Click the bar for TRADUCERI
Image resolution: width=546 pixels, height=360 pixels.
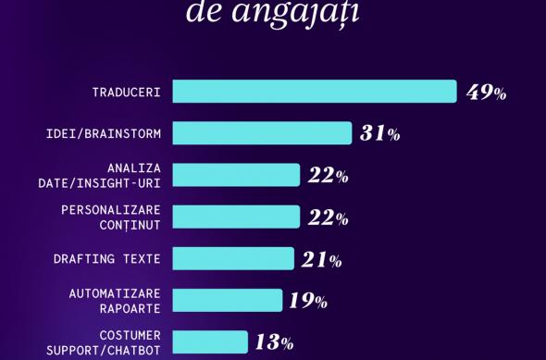click(x=315, y=92)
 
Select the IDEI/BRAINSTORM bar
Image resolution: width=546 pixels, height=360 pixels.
click(x=262, y=133)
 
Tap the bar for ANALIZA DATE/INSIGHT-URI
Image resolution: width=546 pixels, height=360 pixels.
click(x=236, y=175)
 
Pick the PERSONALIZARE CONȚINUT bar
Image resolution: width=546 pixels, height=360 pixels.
click(x=236, y=217)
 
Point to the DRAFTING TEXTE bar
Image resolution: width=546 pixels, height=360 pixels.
click(x=233, y=259)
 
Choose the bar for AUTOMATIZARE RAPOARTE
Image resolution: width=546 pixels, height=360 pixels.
click(x=228, y=301)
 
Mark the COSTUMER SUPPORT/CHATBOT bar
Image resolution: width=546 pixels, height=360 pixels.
click(x=210, y=341)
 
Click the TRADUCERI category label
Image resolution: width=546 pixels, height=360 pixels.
click(x=126, y=93)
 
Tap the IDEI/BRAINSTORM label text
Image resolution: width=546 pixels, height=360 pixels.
click(x=104, y=134)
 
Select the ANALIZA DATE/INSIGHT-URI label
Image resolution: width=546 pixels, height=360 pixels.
click(x=100, y=176)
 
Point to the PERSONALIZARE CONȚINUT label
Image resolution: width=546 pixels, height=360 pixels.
click(x=111, y=217)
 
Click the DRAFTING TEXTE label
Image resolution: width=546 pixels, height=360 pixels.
click(x=107, y=259)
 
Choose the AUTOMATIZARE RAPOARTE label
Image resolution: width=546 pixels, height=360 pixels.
click(x=115, y=301)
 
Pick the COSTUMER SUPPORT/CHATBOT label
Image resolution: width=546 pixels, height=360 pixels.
click(x=104, y=342)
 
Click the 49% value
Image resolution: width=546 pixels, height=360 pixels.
click(x=486, y=93)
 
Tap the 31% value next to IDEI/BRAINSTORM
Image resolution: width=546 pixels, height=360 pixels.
click(x=380, y=134)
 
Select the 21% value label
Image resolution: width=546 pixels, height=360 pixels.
click(x=322, y=260)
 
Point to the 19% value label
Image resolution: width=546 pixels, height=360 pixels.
click(x=308, y=301)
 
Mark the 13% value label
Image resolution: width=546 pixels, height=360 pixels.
click(x=274, y=342)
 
